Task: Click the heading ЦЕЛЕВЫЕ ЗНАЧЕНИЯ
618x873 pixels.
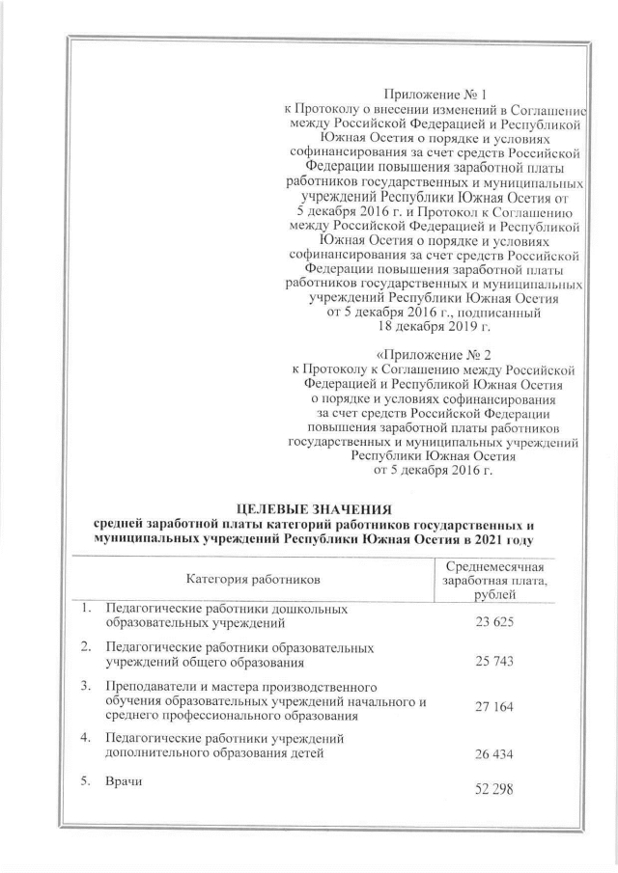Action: point(308,507)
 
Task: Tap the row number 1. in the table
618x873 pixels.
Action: point(87,609)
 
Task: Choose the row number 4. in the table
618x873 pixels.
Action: point(87,740)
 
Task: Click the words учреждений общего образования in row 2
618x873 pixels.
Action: point(206,664)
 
